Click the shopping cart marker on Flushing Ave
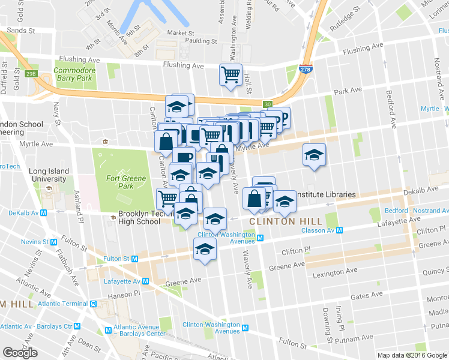(231, 75)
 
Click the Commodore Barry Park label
(75, 74)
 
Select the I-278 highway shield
(306, 68)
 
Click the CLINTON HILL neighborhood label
(281, 221)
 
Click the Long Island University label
(47, 175)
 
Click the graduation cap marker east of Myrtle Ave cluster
(314, 155)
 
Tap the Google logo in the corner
(20, 353)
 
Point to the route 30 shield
(268, 104)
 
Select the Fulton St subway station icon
(134, 259)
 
